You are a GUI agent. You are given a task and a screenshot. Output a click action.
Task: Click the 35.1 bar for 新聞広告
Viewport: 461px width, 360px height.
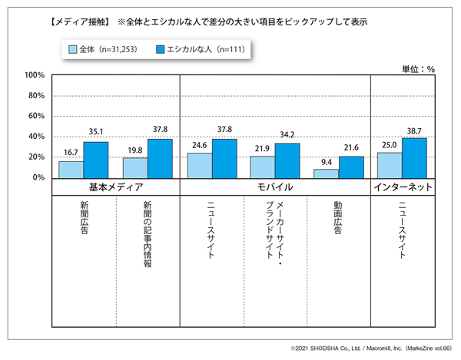click(x=96, y=160)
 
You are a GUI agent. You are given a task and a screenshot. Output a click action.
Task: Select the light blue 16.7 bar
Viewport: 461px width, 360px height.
click(x=71, y=169)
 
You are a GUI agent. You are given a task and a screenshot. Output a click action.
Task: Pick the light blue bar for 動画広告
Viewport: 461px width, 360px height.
click(x=327, y=173)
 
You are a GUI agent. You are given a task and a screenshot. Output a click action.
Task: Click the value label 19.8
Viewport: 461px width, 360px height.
click(x=134, y=151)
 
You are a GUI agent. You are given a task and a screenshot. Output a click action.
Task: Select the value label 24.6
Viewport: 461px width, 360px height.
click(x=198, y=146)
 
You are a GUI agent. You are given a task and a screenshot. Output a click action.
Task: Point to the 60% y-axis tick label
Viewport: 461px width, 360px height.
click(x=36, y=116)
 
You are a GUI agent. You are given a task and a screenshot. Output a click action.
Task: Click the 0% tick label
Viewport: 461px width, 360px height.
click(x=39, y=177)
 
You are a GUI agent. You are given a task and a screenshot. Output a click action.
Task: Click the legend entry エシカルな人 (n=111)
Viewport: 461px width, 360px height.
click(x=201, y=50)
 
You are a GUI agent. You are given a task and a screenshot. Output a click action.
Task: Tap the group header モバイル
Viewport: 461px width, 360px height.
click(x=275, y=187)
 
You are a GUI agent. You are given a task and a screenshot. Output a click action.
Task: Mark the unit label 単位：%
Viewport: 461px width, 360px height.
click(x=419, y=68)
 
